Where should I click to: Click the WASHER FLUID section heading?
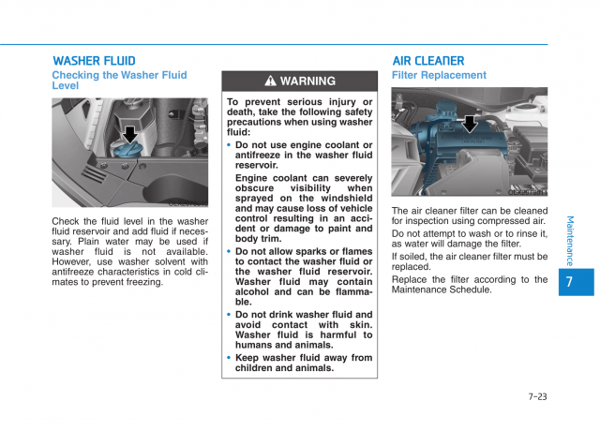coord(94,61)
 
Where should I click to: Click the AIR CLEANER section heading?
coord(427,61)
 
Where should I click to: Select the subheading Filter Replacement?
coord(439,75)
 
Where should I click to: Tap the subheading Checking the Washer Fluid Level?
coord(119,80)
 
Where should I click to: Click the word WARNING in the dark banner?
coord(307,82)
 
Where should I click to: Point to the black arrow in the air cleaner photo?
coord(470,123)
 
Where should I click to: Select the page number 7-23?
coord(537,396)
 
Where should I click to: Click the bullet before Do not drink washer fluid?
coord(229,316)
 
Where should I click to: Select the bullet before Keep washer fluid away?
coord(229,358)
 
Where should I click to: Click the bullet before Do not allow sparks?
coord(229,252)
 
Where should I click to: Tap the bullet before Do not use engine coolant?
coord(229,145)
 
